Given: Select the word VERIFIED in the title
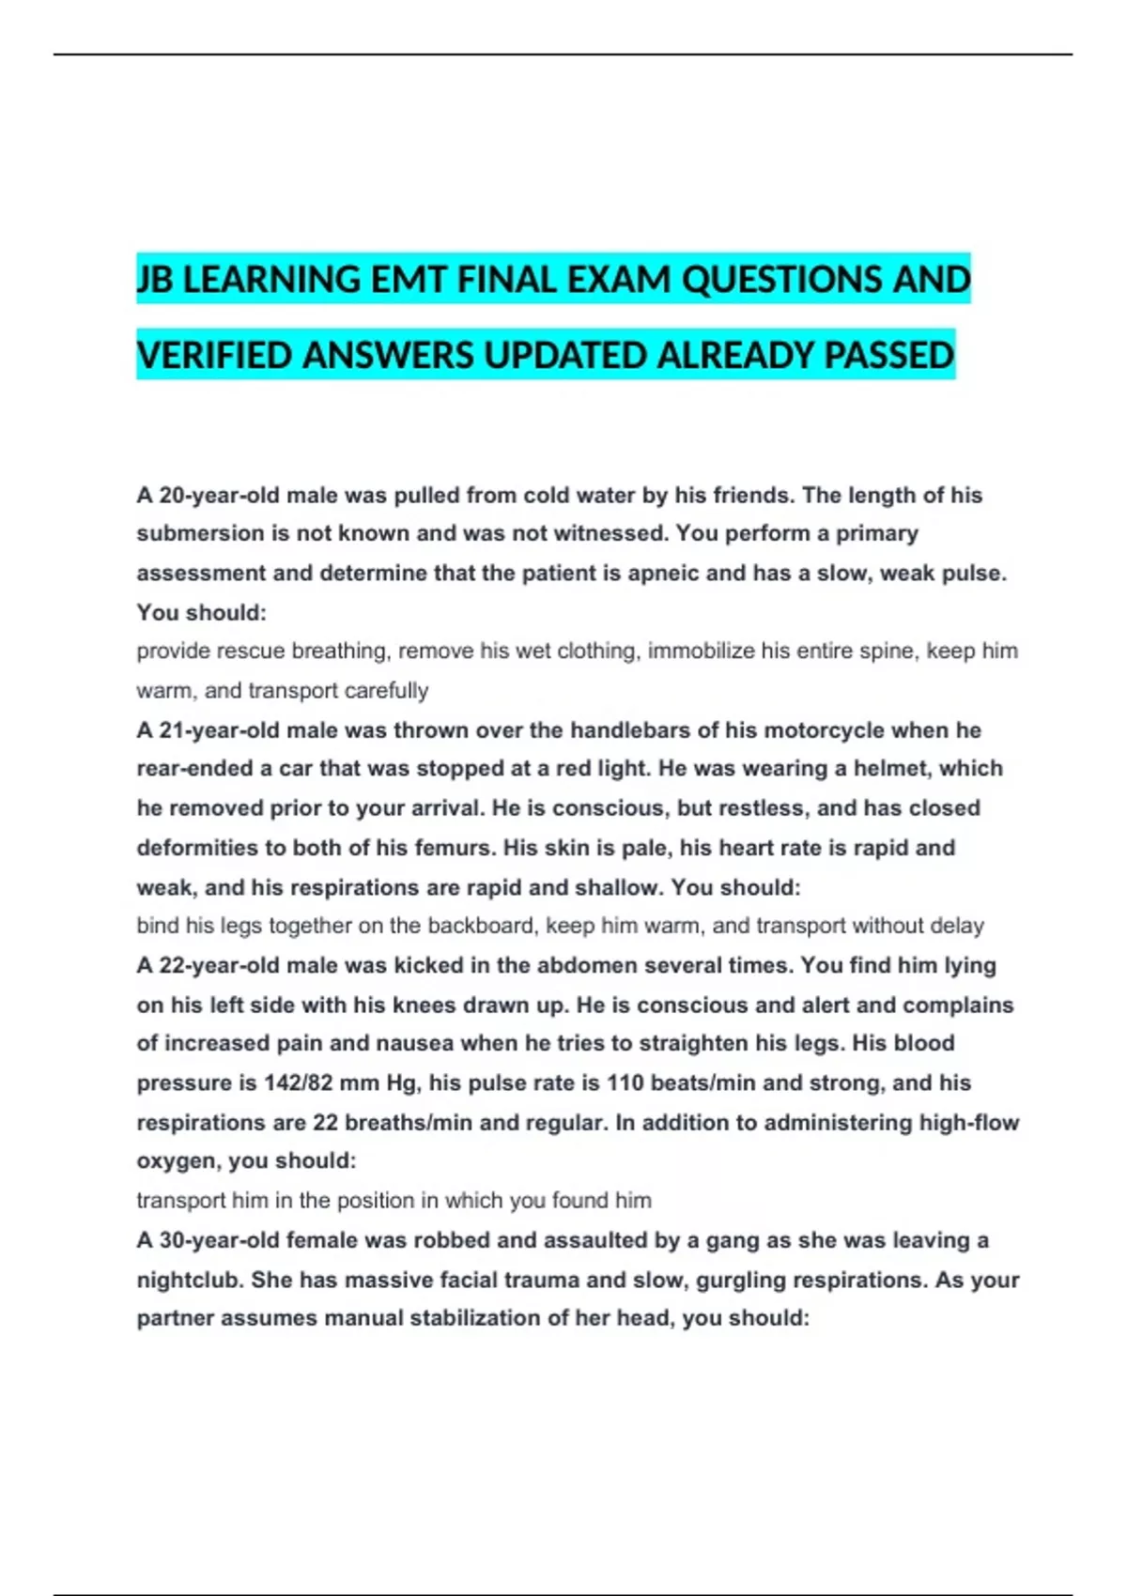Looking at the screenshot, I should [x=214, y=356].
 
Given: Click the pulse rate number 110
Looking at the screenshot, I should [x=625, y=1082].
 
